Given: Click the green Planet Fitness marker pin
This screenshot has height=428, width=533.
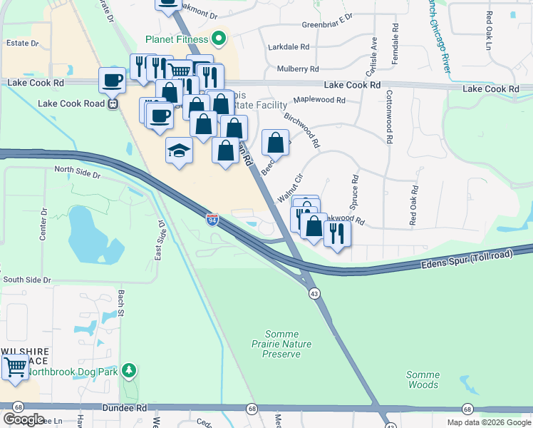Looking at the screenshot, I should click(x=219, y=39).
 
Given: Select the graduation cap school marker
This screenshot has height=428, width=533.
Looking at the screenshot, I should click(x=180, y=150).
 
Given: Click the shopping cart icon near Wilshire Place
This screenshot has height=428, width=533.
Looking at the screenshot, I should click(x=14, y=368).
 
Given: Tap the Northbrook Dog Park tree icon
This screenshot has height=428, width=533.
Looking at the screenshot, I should click(x=128, y=370).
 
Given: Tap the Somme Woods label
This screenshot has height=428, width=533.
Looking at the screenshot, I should click(x=423, y=379).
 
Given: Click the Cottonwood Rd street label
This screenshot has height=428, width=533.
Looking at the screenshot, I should click(x=390, y=117).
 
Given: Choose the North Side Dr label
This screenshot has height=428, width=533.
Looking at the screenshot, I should click(x=78, y=171).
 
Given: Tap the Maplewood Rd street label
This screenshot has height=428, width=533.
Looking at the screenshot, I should click(x=319, y=101).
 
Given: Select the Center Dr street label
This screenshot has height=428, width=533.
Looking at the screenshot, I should click(x=43, y=223).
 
